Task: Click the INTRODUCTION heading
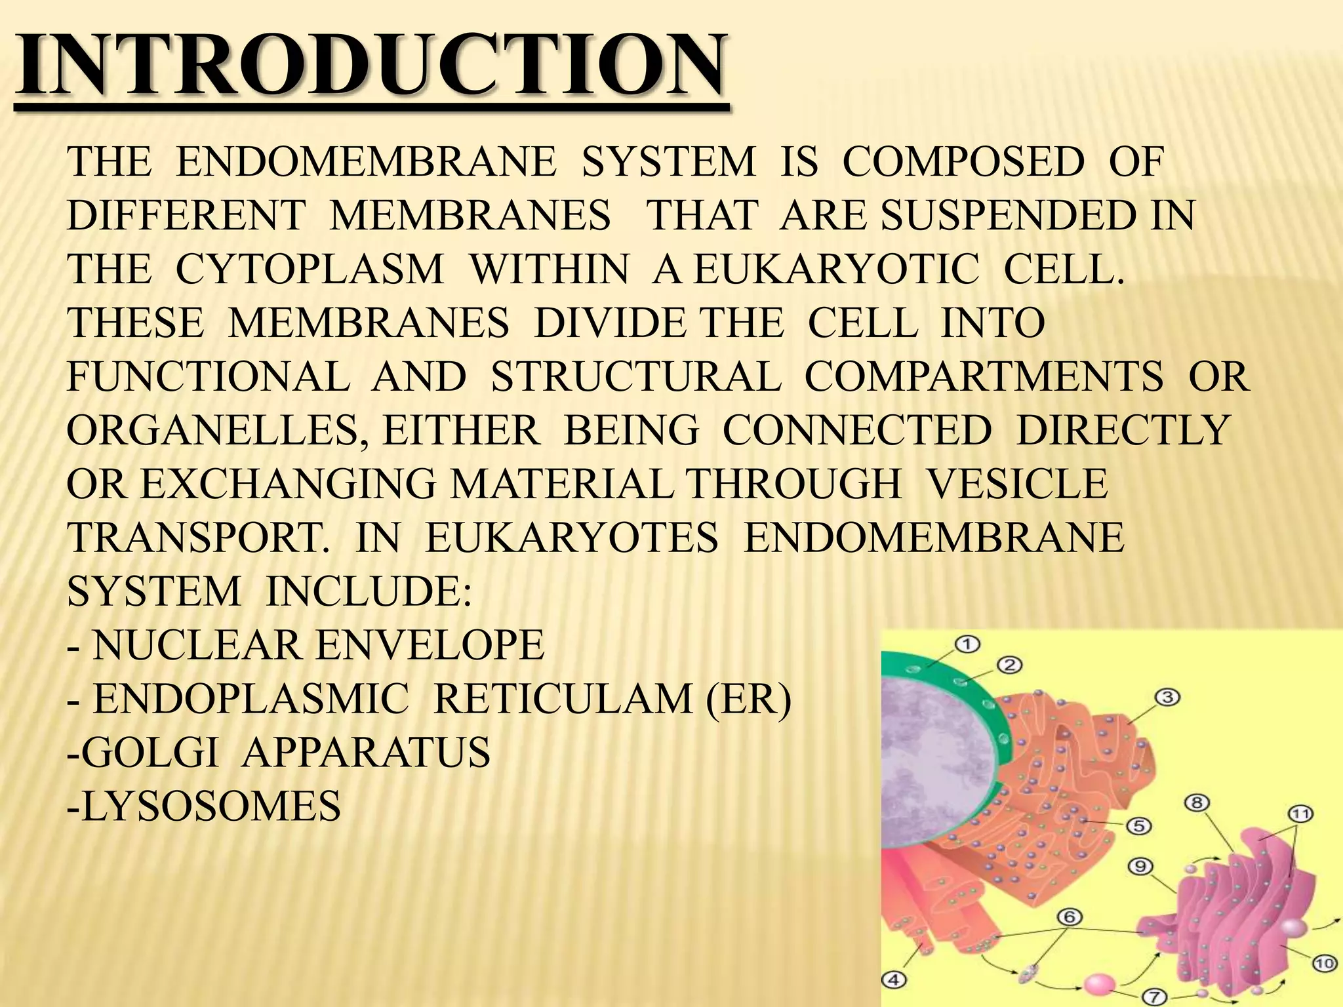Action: click(371, 66)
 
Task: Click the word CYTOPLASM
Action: click(310, 269)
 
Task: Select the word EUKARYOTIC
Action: click(836, 269)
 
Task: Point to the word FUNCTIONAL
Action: click(209, 377)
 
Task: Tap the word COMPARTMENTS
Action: click(984, 377)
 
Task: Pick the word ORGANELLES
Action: click(216, 431)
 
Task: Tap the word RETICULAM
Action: click(563, 699)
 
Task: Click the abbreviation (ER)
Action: click(749, 699)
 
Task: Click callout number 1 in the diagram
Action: click(967, 644)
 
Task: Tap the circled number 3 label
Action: click(1167, 697)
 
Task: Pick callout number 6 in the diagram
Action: click(1069, 917)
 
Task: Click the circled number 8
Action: click(1197, 802)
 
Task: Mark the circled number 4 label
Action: click(893, 981)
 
